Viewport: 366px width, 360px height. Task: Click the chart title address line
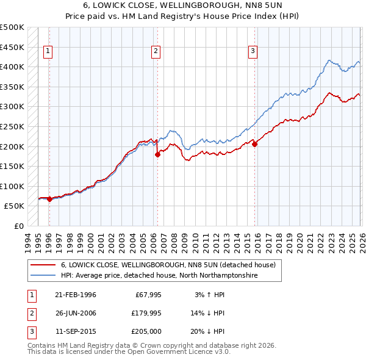[x=183, y=5]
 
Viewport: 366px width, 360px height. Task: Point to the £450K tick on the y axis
[x=13, y=47]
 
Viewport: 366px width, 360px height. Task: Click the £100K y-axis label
[x=13, y=186]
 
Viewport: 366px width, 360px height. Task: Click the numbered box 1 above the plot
[x=48, y=52]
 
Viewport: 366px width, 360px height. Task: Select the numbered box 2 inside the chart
[x=156, y=52]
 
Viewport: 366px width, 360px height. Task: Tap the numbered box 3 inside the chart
[x=252, y=52]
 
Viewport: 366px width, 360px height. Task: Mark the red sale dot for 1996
[x=49, y=199]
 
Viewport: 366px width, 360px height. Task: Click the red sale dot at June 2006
[x=157, y=154]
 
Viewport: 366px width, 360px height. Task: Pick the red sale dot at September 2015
[x=254, y=144]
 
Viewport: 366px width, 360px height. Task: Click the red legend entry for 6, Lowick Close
[x=168, y=265]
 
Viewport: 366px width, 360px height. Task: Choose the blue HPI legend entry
[x=159, y=276]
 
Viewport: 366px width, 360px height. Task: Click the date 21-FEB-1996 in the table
[x=75, y=295]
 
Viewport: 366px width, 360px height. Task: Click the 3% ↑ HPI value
[x=209, y=295]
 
